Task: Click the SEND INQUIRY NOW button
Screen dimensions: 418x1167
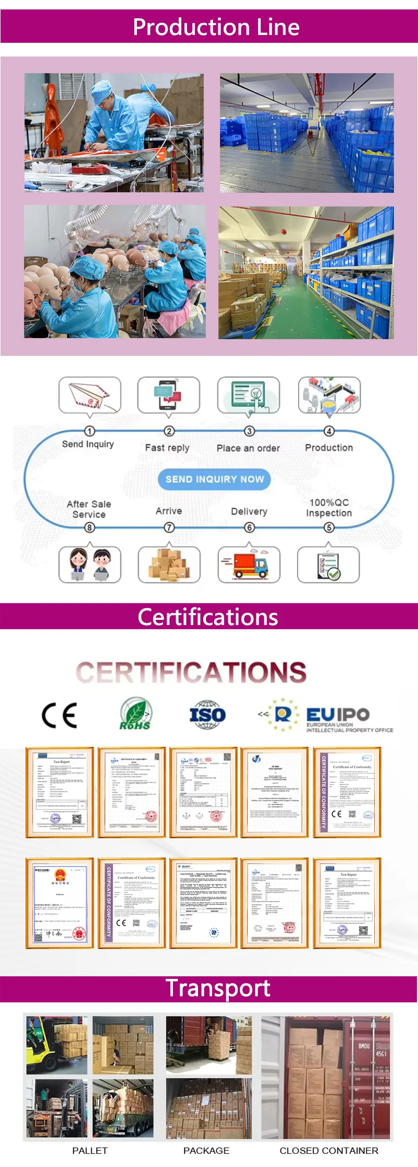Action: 214,479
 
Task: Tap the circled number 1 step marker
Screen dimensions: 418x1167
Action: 90,431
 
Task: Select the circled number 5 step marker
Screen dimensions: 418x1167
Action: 329,527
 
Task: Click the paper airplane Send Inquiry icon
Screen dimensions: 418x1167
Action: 90,396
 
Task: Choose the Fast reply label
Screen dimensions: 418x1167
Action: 167,448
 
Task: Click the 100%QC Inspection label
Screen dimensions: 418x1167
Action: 329,507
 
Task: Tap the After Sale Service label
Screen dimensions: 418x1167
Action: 89,509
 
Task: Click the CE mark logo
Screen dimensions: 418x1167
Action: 60,715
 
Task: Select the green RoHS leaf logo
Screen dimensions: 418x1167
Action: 135,714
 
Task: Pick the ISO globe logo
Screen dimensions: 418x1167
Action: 207,714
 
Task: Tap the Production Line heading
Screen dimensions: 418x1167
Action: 216,27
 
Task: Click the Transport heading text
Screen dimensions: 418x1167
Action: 218,988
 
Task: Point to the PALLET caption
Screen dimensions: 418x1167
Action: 90,1150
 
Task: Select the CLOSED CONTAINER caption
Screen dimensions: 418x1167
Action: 329,1150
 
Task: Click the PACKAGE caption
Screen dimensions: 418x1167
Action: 206,1150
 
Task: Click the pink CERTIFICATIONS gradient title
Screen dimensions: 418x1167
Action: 191,672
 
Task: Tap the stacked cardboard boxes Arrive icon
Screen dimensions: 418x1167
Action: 169,564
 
